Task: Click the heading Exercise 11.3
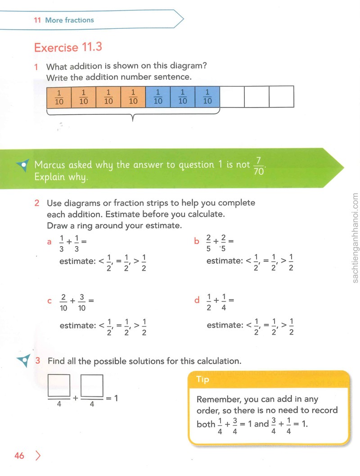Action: pyautogui.click(x=68, y=47)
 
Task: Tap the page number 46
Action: pyautogui.click(x=19, y=455)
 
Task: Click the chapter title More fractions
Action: pyautogui.click(x=69, y=20)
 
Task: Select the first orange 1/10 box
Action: pyautogui.click(x=59, y=97)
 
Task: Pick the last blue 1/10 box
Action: pyautogui.click(x=207, y=97)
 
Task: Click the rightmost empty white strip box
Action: pyautogui.click(x=281, y=97)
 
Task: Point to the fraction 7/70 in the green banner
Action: pyautogui.click(x=259, y=166)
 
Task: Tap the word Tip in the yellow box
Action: pyautogui.click(x=202, y=379)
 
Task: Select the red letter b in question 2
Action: pyautogui.click(x=196, y=241)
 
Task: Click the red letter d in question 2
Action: pyautogui.click(x=197, y=300)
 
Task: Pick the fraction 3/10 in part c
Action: pyautogui.click(x=81, y=302)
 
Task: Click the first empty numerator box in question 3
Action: pyautogui.click(x=59, y=386)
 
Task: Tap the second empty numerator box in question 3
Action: pyautogui.click(x=92, y=386)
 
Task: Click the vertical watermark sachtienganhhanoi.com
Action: pyautogui.click(x=355, y=238)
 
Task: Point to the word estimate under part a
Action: pyautogui.click(x=78, y=261)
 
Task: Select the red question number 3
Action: pyautogui.click(x=38, y=360)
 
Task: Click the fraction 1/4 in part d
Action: pyautogui.click(x=224, y=302)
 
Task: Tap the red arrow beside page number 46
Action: pyautogui.click(x=38, y=455)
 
